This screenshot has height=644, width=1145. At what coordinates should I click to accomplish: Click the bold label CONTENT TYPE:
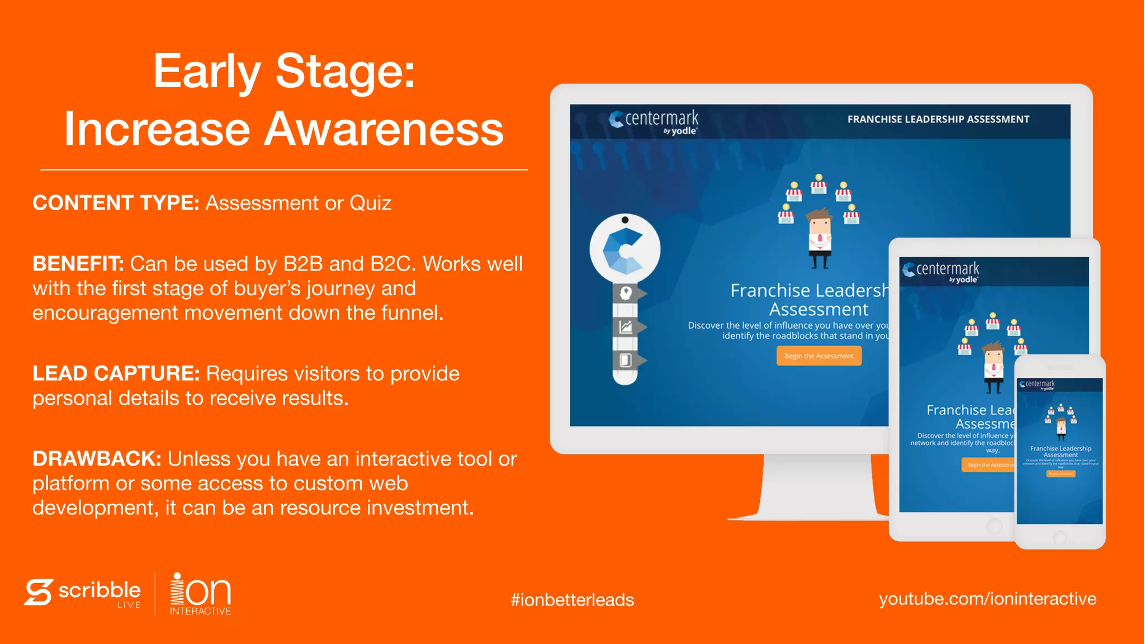tap(116, 203)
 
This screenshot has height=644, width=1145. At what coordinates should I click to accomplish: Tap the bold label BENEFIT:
tap(78, 264)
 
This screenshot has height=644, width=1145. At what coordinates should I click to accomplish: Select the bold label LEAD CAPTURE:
tap(116, 373)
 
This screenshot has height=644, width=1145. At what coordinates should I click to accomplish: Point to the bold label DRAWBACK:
tap(97, 459)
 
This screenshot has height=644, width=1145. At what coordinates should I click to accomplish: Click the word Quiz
tap(370, 203)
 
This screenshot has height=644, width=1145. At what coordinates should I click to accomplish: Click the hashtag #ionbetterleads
tap(572, 600)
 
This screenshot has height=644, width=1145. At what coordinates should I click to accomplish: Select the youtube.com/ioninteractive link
tap(987, 599)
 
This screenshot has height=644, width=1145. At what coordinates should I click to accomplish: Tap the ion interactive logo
tap(200, 594)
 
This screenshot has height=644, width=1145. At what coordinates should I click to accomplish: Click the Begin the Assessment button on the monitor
tap(818, 356)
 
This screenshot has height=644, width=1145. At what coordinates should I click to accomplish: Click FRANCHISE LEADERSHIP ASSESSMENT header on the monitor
tap(938, 119)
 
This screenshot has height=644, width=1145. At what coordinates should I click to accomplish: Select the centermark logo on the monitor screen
tap(654, 121)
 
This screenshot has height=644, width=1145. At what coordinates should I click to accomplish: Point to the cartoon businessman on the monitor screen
tap(820, 237)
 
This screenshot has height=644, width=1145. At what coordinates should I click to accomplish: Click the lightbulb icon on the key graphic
tap(626, 293)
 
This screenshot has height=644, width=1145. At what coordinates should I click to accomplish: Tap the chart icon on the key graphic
tap(626, 326)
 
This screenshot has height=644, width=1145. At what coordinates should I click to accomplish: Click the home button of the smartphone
tap(1059, 537)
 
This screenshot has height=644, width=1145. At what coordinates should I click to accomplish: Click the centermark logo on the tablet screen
tap(941, 271)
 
